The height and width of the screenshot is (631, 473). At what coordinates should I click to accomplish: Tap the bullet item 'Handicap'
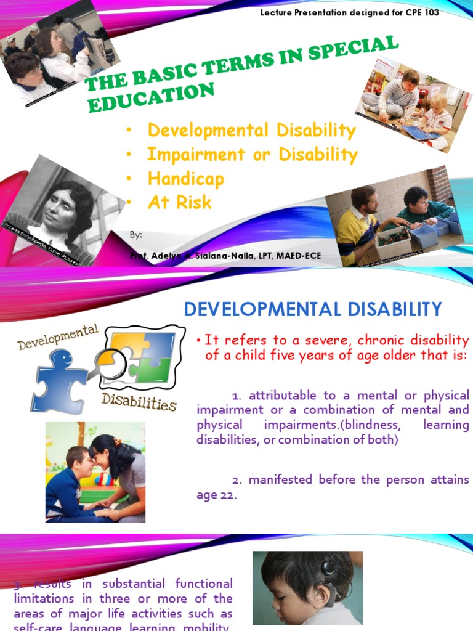click(185, 179)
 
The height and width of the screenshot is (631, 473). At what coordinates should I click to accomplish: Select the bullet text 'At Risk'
click(179, 202)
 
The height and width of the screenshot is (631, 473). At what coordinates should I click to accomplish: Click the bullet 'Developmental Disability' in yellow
click(251, 131)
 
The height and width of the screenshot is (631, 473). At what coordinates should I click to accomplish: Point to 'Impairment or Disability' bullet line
click(252, 154)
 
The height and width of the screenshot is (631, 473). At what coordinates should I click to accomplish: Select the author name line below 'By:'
click(225, 256)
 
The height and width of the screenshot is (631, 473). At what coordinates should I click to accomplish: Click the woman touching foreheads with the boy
click(117, 471)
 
